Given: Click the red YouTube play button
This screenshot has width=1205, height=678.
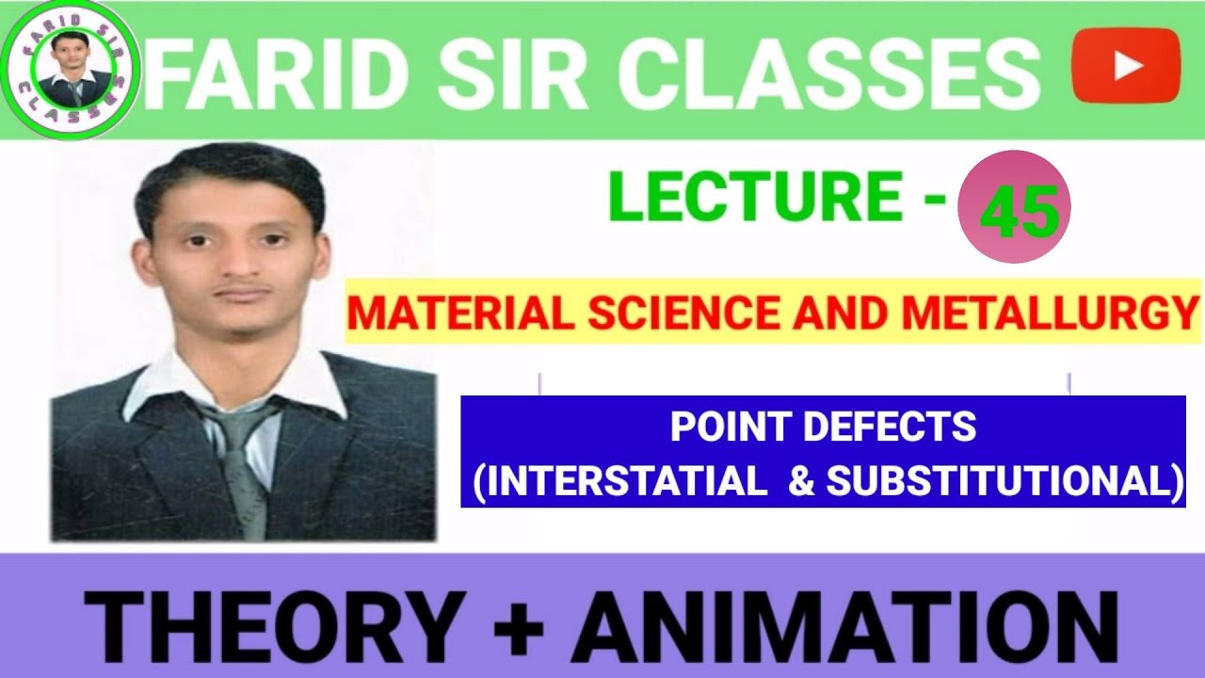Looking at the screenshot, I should coord(1126,64).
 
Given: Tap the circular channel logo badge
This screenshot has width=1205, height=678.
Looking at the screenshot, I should coord(72,71).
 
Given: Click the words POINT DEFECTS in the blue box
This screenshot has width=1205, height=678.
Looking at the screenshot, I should coord(823,428).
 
